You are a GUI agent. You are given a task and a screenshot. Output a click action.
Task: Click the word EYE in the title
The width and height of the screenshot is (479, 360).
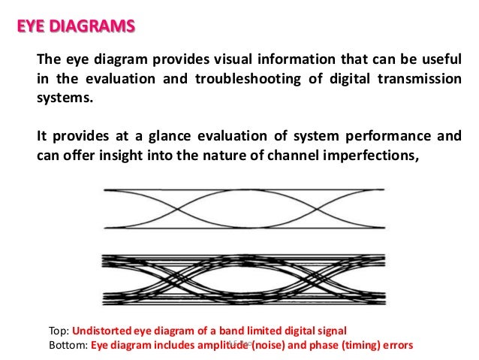click(32, 29)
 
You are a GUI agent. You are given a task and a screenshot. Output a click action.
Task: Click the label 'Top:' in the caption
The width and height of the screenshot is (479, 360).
click(59, 331)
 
